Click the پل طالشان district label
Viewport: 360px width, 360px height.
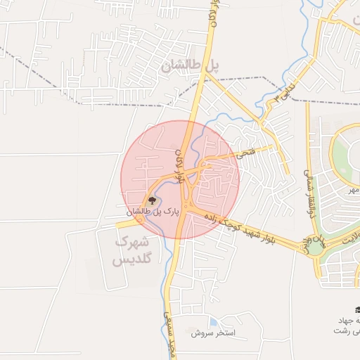[190, 67]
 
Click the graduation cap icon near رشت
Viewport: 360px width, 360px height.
[356, 310]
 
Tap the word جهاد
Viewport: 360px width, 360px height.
[351, 321]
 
